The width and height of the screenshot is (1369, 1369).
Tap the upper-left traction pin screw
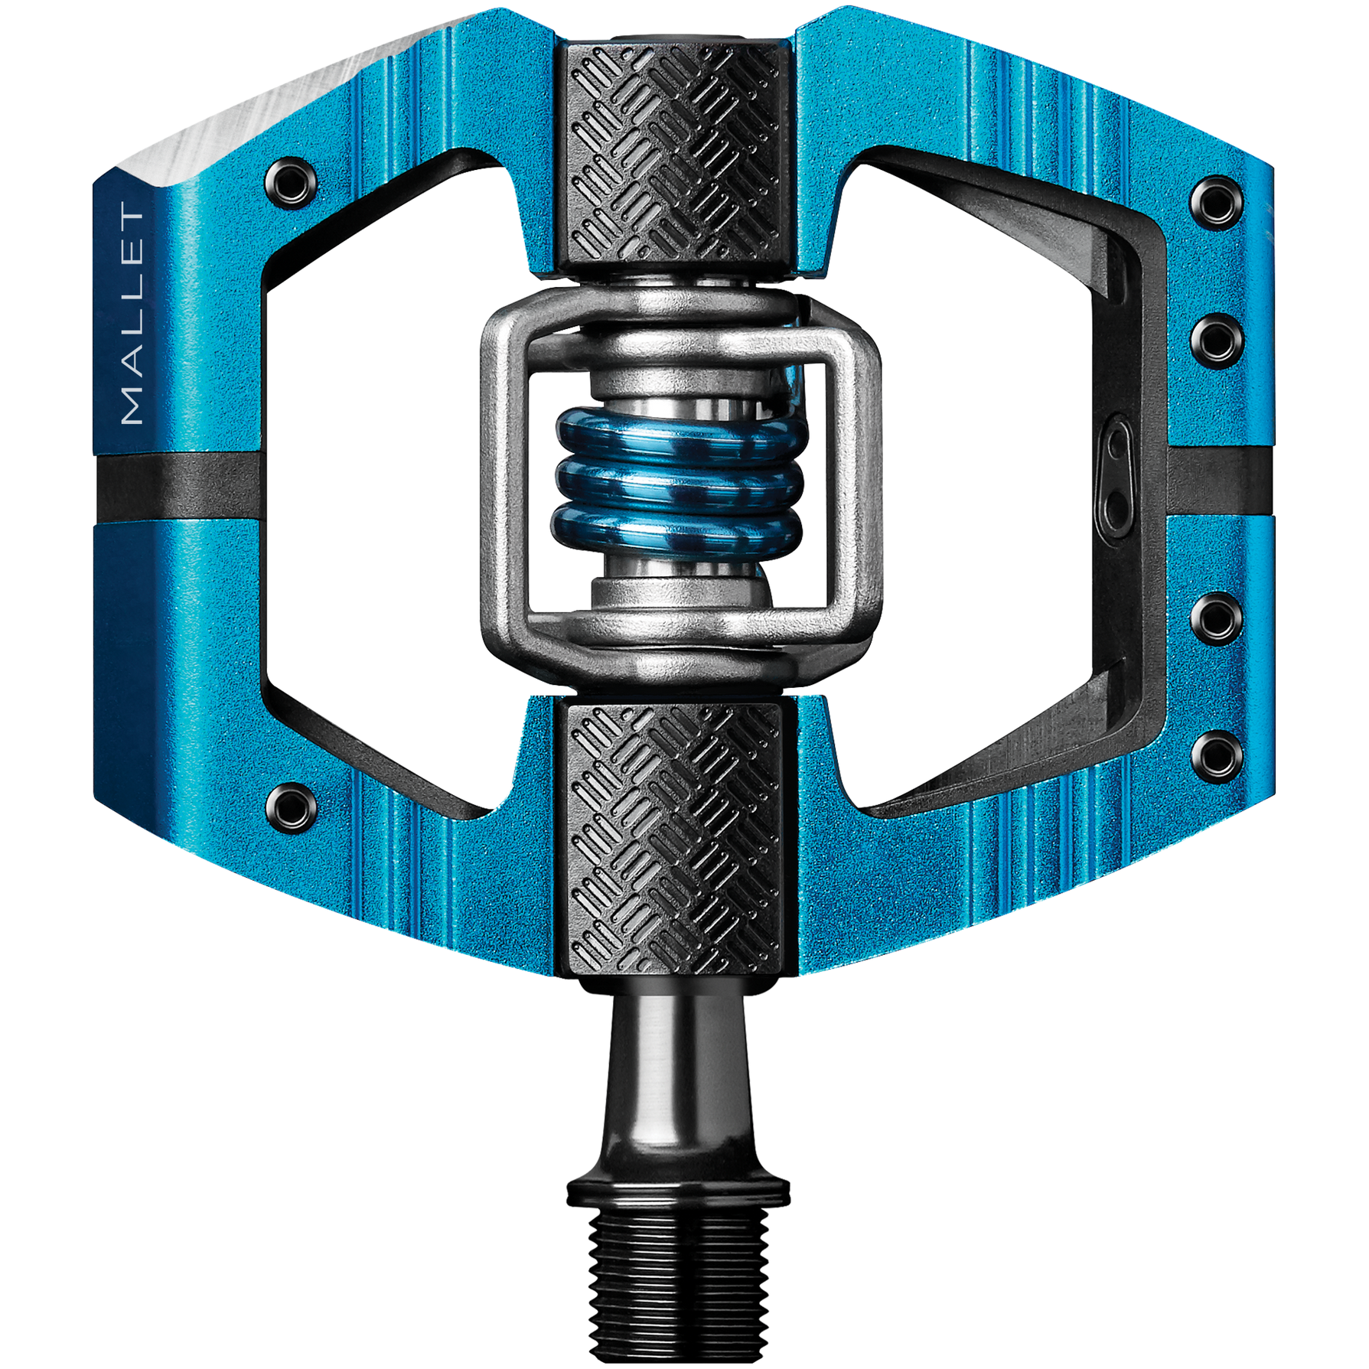pos(291,182)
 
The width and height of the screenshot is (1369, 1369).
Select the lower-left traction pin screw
pos(291,807)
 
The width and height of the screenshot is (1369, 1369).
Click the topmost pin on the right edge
pos(1217,202)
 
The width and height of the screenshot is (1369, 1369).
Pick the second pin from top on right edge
pos(1217,340)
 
